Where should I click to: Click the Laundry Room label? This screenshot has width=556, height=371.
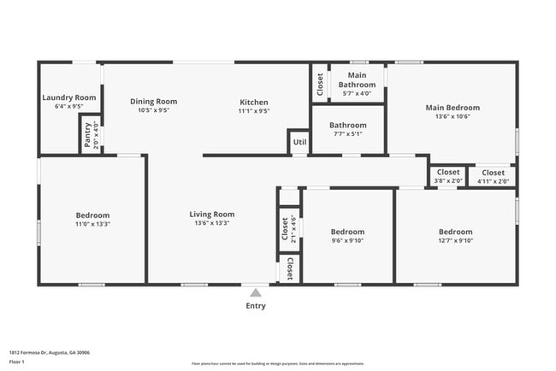tap(69, 98)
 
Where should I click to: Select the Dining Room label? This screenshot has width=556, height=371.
tap(154, 102)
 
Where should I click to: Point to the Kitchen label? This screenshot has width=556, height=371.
tap(254, 103)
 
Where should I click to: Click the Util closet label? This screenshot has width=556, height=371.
tap(299, 142)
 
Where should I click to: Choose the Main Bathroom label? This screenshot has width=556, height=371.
tap(357, 80)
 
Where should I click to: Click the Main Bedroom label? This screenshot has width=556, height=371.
tap(452, 108)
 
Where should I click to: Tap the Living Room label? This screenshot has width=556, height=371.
tap(212, 215)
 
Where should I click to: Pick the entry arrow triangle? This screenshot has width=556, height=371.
tap(255, 292)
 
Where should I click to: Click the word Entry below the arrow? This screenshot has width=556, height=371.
tap(256, 306)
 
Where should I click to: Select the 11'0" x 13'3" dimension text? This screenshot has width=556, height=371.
tap(93, 223)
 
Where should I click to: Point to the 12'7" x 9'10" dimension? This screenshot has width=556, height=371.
tap(455, 240)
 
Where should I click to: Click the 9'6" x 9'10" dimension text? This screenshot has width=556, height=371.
tap(347, 240)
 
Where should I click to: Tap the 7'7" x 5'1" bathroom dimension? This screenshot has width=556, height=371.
tap(348, 133)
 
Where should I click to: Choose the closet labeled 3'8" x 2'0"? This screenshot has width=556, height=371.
tap(447, 176)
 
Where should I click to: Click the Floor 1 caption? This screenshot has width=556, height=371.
tap(18, 362)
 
